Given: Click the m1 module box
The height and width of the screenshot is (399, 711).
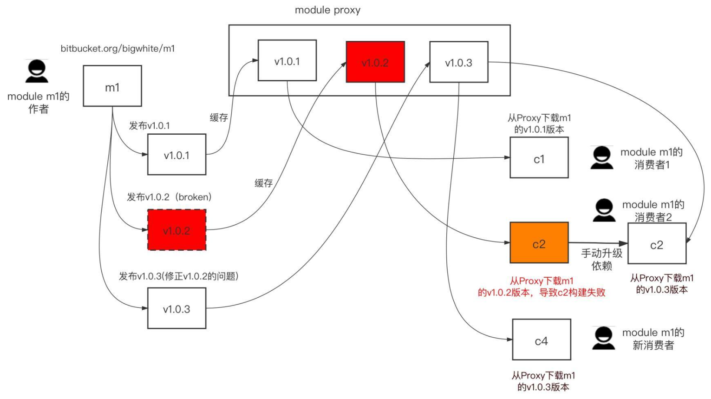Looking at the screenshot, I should (x=112, y=86).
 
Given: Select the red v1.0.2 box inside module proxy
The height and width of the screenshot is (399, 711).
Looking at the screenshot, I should (x=375, y=62).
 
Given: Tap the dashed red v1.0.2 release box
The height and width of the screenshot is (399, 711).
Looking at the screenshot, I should (x=176, y=230).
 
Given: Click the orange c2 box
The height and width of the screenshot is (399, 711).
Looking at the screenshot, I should (x=539, y=243).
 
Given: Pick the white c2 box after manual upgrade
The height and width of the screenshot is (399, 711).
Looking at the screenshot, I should (x=657, y=244).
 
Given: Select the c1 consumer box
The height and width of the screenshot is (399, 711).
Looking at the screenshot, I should (x=539, y=158).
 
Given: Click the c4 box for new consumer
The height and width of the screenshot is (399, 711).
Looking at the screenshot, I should (x=541, y=340).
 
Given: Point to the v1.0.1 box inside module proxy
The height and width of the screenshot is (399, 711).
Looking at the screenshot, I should (x=287, y=61).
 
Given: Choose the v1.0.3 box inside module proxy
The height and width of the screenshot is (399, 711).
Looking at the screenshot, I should (x=458, y=62).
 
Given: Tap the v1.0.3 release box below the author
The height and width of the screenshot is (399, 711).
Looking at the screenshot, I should (x=176, y=308).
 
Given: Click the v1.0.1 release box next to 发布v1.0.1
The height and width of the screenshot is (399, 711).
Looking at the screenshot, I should (x=176, y=155).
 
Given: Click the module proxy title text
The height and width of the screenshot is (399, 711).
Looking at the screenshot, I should (x=328, y=10).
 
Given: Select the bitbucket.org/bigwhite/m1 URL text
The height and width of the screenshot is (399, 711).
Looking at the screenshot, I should (x=117, y=49).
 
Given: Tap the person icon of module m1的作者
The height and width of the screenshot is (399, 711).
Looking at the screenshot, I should (x=37, y=71).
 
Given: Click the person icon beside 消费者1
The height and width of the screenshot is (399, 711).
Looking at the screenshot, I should (x=602, y=158).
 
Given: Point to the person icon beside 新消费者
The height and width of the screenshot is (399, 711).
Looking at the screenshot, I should (x=604, y=338).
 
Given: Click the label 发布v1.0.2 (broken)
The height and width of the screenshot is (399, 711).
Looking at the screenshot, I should (x=169, y=197).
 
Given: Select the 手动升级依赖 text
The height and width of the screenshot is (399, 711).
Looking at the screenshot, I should (x=602, y=259).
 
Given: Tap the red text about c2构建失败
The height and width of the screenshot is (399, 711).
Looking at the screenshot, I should (x=542, y=287).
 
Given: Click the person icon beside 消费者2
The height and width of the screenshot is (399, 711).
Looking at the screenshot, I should (x=604, y=210).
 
